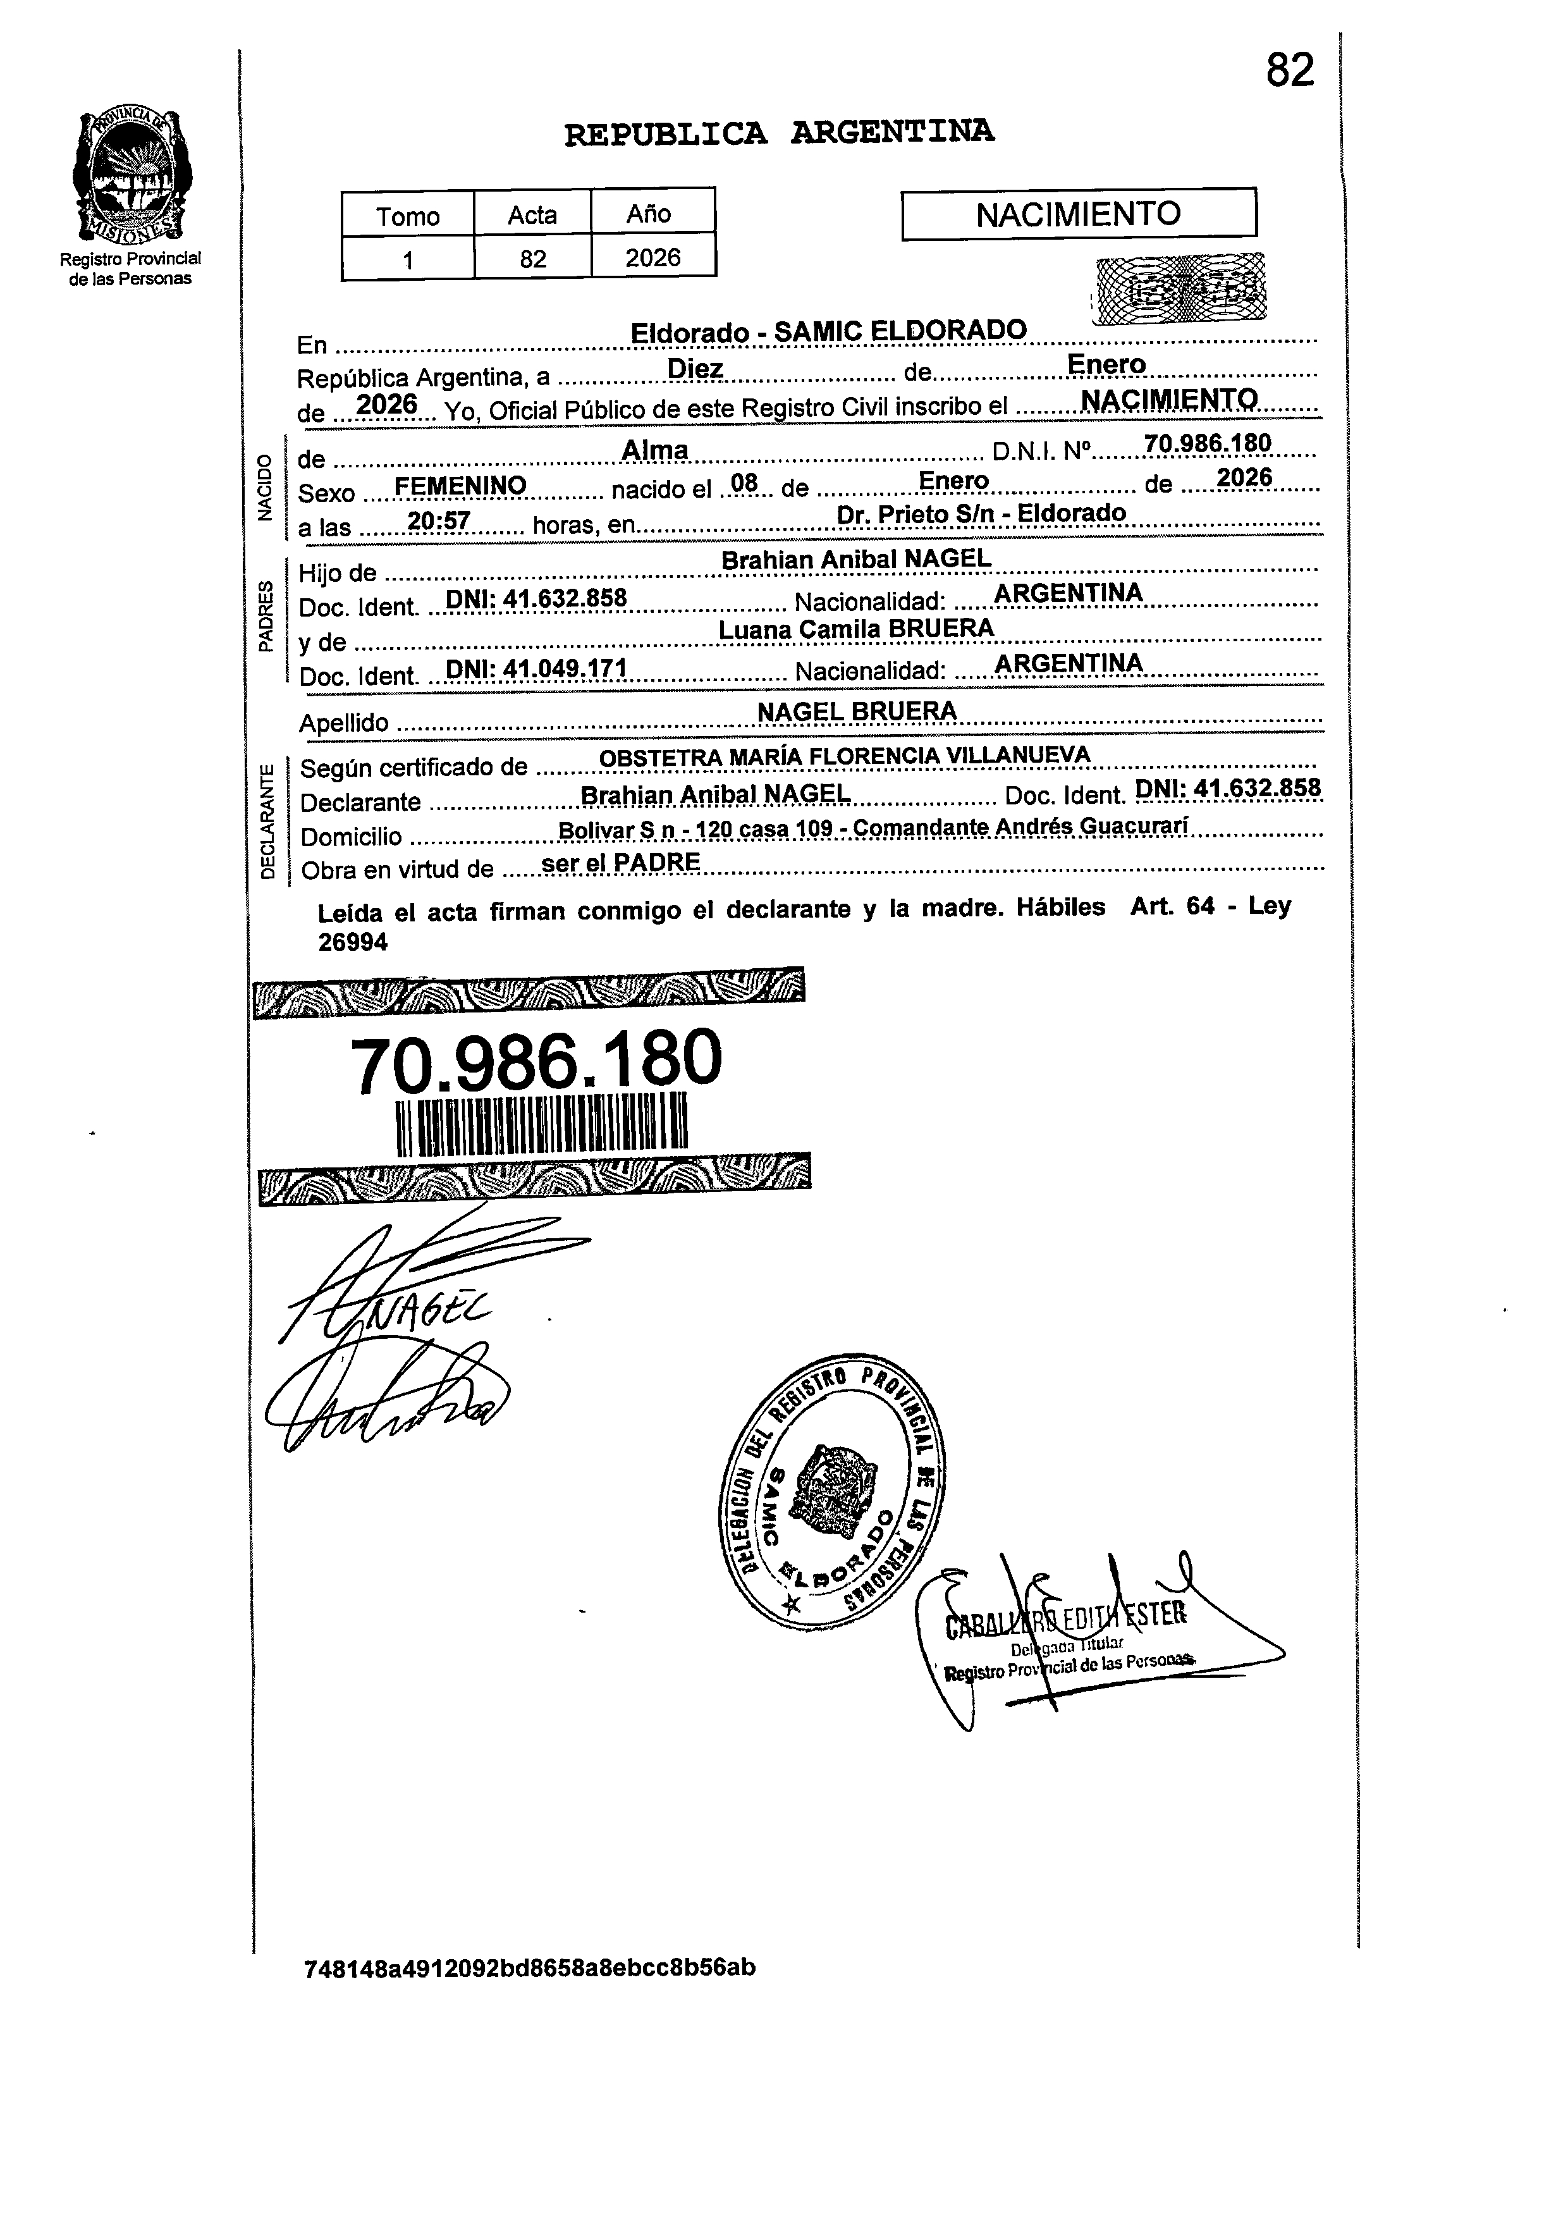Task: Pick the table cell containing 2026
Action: click(653, 258)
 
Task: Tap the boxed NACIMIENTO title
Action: click(1079, 214)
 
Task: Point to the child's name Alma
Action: click(655, 451)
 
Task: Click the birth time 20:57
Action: click(438, 521)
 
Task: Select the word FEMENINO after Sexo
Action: click(460, 486)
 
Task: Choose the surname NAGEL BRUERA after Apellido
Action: click(856, 711)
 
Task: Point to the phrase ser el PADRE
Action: click(621, 862)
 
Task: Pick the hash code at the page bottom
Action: click(529, 1969)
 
